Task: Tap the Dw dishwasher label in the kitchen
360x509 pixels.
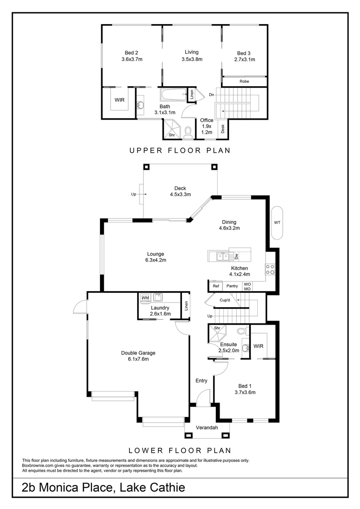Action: pos(236,256)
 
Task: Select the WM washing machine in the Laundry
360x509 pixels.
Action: pos(145,298)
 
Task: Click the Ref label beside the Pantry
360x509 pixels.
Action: pos(216,286)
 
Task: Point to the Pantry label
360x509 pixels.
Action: pos(232,286)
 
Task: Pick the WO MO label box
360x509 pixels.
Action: pos(247,286)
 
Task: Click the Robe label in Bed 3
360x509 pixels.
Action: pos(244,82)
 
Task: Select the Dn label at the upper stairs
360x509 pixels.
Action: pos(212,95)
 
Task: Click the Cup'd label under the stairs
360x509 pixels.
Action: pos(224,300)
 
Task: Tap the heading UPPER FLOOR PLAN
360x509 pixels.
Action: pos(180,151)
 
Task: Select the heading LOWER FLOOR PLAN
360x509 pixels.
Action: pos(180,450)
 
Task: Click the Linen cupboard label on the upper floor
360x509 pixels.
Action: pos(192,94)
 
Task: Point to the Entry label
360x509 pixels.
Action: pos(202,381)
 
